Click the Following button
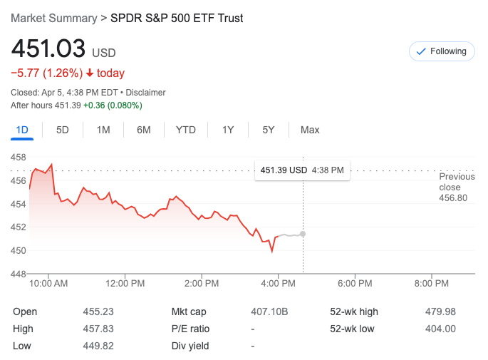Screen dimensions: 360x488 (442, 51)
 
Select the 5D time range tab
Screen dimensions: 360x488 (63, 130)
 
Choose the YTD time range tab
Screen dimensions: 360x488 (186, 130)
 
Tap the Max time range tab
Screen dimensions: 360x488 (310, 130)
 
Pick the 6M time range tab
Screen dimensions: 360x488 (144, 130)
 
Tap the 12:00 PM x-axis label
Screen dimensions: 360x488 (125, 283)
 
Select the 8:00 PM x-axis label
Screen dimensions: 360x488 (431, 283)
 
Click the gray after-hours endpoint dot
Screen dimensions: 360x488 (303, 234)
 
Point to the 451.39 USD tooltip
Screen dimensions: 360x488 (302, 170)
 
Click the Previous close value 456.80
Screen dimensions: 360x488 (453, 197)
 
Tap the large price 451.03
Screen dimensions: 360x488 (48, 49)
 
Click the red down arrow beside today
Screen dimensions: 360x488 (90, 73)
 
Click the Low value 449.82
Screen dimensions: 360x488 (98, 346)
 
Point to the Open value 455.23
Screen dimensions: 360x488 (98, 312)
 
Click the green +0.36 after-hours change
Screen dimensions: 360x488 (95, 106)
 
